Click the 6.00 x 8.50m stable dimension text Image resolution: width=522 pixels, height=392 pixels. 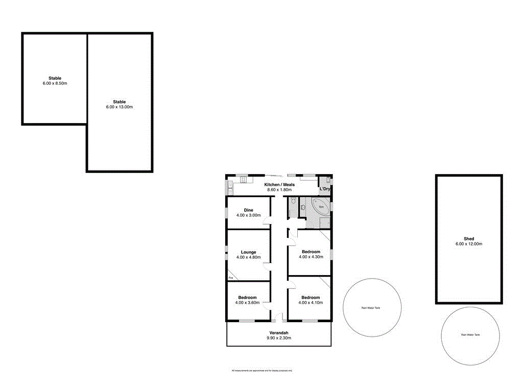(55, 83)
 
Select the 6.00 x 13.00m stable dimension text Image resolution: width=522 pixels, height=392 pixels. (119, 107)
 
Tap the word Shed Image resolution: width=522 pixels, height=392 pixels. (468, 239)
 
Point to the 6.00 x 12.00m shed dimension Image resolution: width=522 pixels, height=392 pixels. (468, 244)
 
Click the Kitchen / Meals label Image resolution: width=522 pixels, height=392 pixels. (279, 185)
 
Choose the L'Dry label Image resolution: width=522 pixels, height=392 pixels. (325, 189)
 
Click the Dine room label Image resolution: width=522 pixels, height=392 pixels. (248, 210)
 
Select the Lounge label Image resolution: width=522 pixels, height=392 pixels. (248, 252)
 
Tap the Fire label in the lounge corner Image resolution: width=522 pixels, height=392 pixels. (231, 277)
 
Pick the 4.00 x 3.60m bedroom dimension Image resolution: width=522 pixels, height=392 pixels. (248, 303)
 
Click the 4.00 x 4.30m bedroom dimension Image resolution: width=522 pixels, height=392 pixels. (311, 257)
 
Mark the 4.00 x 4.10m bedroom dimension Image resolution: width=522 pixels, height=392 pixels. (311, 303)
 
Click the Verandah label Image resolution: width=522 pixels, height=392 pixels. (279, 332)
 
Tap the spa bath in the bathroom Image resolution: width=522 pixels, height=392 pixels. (321, 207)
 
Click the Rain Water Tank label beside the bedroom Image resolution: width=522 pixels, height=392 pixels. (371, 308)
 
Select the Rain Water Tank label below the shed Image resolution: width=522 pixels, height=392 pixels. (470, 335)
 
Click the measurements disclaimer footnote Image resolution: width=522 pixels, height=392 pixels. (262, 371)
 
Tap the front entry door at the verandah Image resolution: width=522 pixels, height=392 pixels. (279, 320)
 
